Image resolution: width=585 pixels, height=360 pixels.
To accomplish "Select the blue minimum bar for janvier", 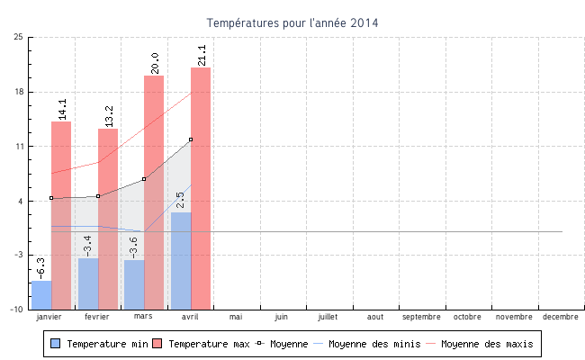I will tap(41, 294).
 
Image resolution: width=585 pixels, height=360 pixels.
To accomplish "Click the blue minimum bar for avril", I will tap(181, 260).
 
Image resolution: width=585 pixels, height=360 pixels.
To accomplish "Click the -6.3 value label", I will tap(40, 267).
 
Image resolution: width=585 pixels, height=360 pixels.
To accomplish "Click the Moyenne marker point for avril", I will tap(191, 139).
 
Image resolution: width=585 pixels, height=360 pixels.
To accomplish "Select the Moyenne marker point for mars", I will tap(144, 179).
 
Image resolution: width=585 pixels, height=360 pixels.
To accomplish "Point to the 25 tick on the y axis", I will tap(19, 37).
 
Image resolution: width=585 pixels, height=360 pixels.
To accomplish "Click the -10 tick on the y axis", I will tap(16, 310).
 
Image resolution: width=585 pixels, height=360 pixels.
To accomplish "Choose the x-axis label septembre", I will tap(421, 317).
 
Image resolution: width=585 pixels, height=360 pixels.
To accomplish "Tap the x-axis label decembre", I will tap(561, 317).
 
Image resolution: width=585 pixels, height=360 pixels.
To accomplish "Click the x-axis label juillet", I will tap(328, 317).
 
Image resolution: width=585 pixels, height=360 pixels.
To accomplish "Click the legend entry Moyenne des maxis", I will tap(487, 344).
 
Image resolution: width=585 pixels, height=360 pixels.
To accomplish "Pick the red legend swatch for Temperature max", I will tap(157, 344).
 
